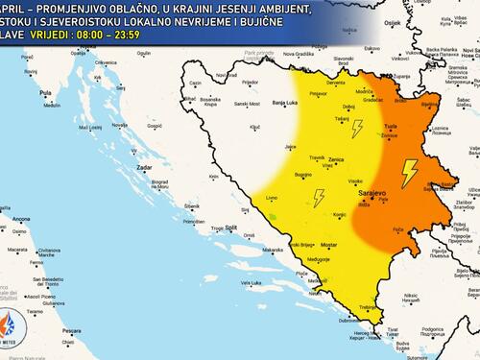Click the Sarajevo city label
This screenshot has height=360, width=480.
point(372,193)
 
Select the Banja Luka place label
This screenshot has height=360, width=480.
point(285,102)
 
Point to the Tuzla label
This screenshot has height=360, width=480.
point(390,127)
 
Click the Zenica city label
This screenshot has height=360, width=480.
point(336,158)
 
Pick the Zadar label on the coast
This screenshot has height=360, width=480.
point(145,166)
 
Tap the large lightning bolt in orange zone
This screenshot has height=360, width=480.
point(410,172)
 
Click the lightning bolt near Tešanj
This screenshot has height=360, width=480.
point(358,129)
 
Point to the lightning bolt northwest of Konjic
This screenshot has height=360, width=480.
point(319,198)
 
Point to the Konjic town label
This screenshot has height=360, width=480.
point(338,214)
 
